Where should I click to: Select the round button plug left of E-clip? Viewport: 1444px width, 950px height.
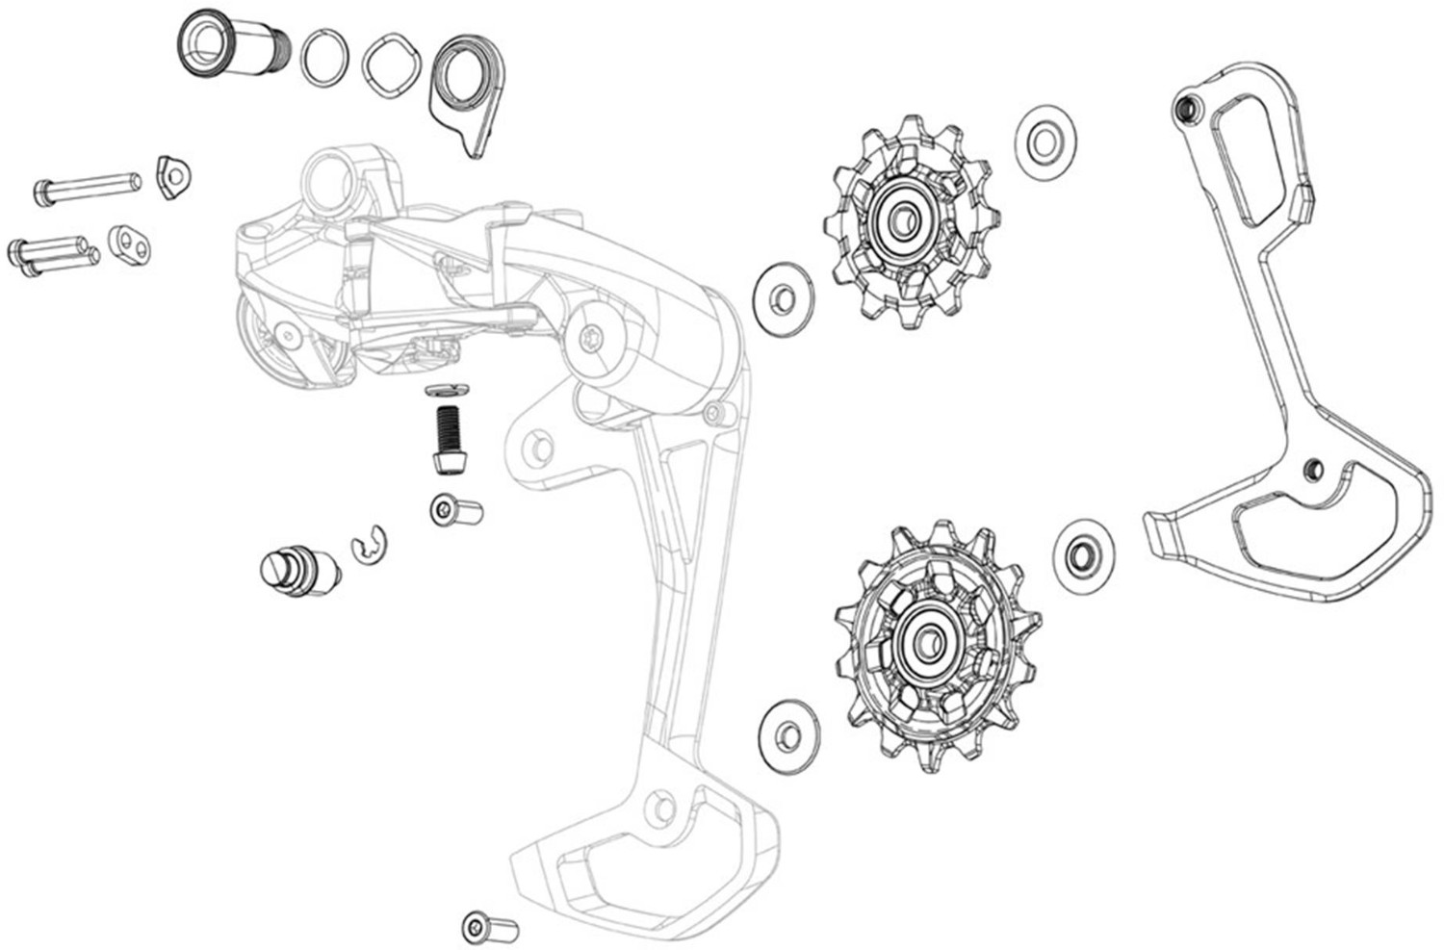point(299,569)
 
